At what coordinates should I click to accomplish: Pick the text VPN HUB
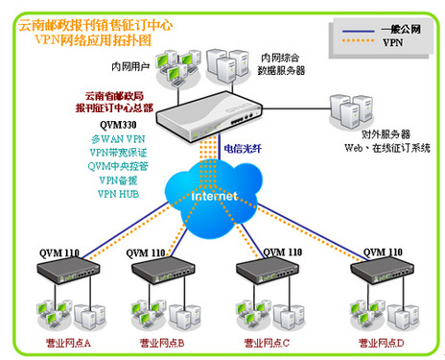coord(120,193)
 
